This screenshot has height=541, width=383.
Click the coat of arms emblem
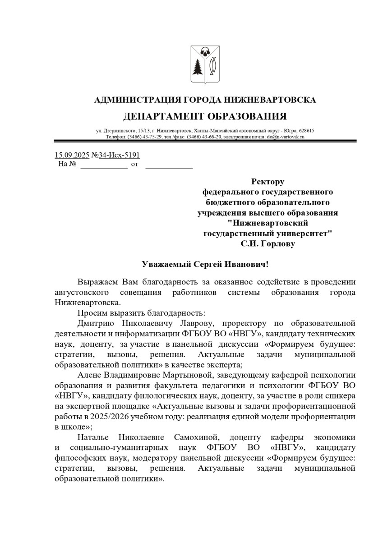tap(205, 64)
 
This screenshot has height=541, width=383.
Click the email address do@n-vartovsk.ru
tap(286, 136)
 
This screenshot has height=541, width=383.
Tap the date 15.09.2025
tap(72, 155)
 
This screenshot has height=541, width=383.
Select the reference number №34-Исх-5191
tap(115, 155)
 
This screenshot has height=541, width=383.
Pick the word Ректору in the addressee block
tap(268, 182)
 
